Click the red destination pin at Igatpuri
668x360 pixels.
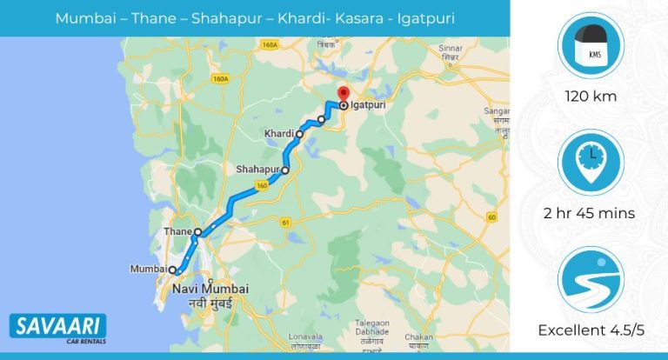tap(343, 93)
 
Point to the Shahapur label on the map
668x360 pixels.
tap(257, 169)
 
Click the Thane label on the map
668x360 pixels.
tap(177, 232)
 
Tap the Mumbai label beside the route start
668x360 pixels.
tap(147, 270)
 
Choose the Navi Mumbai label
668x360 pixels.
tap(210, 289)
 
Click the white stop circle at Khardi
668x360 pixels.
tap(300, 134)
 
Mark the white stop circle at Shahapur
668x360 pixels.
tap(284, 170)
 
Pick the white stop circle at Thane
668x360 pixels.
tap(198, 232)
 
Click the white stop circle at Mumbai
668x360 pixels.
tap(172, 270)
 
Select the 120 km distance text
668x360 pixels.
tap(590, 97)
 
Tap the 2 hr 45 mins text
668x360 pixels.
tap(590, 213)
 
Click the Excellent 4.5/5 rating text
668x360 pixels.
tap(590, 330)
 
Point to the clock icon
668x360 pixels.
tap(590, 162)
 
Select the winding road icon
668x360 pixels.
tap(590, 279)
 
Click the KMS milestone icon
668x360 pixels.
tap(590, 46)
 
